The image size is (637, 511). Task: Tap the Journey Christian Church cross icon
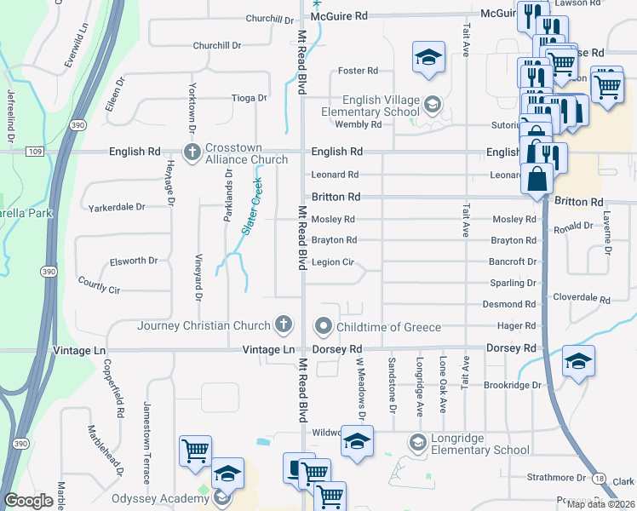(283, 324)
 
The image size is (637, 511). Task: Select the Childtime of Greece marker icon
(324, 326)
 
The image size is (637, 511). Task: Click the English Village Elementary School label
(370, 106)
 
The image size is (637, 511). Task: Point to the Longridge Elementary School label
(481, 444)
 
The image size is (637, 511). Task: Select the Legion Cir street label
(332, 262)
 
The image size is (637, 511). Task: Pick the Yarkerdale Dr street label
(117, 207)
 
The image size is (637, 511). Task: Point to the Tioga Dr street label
(250, 99)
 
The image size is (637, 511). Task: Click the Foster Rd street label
(358, 71)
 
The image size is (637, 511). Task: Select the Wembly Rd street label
(359, 124)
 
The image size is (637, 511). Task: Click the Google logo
(29, 501)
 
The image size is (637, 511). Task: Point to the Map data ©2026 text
(601, 504)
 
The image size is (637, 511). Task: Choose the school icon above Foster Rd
(429, 57)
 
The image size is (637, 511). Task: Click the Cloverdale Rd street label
(582, 300)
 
